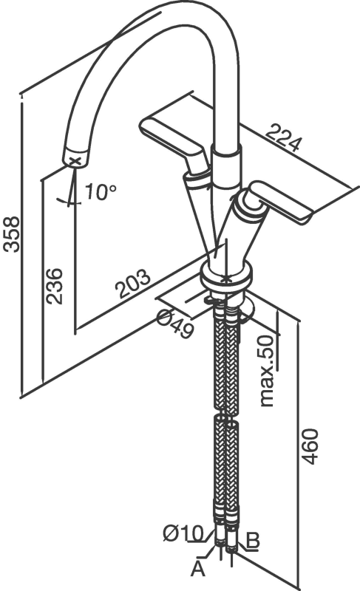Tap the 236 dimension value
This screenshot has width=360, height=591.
(53, 286)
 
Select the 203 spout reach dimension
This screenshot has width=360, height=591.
(133, 284)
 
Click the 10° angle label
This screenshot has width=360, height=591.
(100, 191)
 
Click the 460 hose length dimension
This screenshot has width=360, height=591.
(310, 447)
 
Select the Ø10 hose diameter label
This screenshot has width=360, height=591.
(183, 533)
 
